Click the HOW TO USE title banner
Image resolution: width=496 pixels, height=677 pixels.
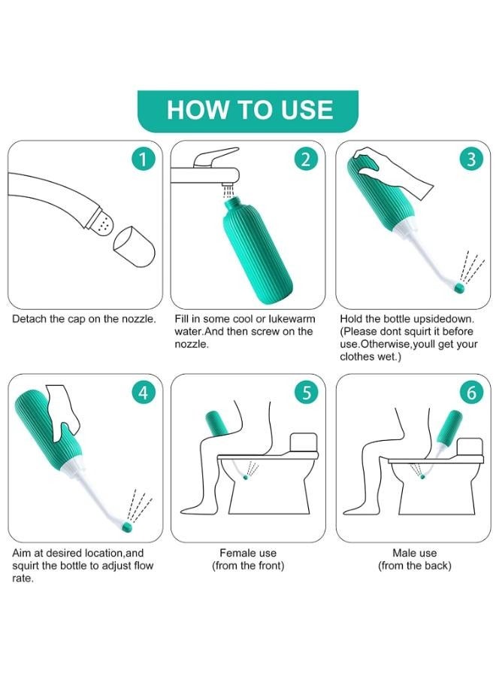[x=247, y=111]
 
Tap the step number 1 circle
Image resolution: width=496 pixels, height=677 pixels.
[x=143, y=159]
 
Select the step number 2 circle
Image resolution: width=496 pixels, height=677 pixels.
[x=306, y=159]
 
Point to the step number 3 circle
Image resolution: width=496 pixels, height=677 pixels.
[x=471, y=159]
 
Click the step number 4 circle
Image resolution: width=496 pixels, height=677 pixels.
[x=143, y=393]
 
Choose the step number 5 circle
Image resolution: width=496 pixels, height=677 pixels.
[x=306, y=393]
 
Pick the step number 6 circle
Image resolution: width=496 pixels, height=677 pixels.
[x=471, y=393]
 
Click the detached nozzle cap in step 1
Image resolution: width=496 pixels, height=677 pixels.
[x=134, y=246]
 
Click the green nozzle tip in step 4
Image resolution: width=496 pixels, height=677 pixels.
[x=127, y=526]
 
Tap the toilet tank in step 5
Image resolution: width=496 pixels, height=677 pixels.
[x=304, y=442]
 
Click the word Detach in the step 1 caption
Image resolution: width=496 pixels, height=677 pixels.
[x=28, y=319]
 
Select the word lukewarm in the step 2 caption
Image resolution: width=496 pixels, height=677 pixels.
[x=292, y=319]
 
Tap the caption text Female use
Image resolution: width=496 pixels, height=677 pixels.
[x=248, y=553]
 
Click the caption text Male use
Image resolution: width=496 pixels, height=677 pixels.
[x=415, y=553]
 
